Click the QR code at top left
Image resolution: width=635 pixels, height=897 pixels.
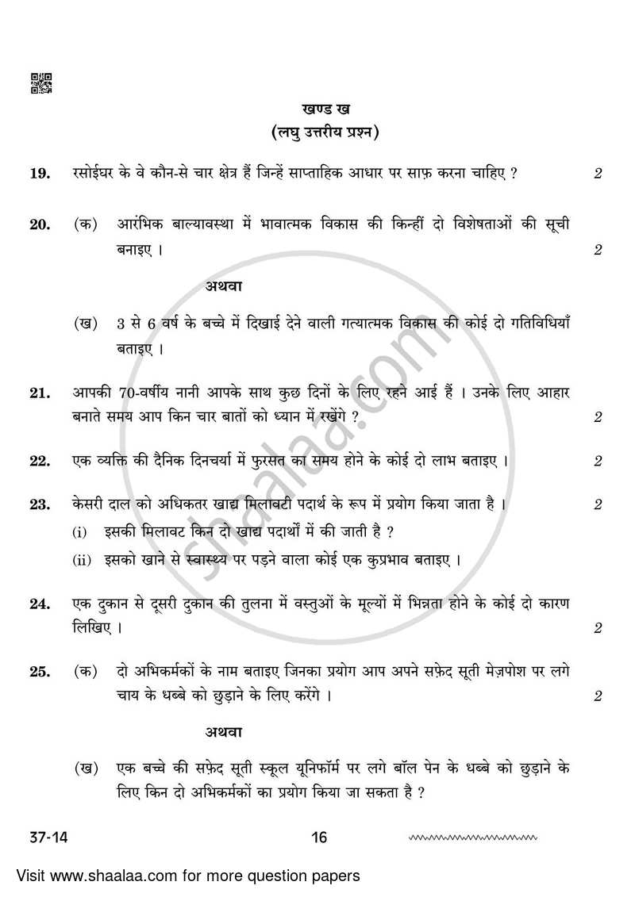[41, 83]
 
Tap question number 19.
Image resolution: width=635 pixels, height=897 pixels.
[40, 173]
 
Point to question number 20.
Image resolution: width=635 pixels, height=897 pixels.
[40, 224]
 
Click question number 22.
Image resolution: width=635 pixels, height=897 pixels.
[40, 461]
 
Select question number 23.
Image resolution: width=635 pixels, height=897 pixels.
[40, 504]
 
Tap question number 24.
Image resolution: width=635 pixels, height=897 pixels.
[40, 604]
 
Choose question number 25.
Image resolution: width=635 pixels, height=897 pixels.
[40, 672]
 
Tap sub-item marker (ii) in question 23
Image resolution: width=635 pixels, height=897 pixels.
[83, 561]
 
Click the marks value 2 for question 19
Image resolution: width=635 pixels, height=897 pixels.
[598, 174]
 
